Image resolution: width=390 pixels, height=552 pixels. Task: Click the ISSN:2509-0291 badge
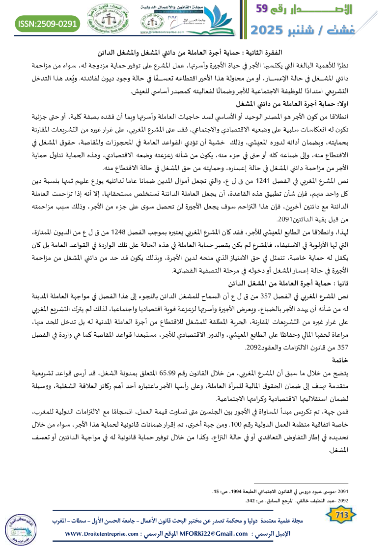(48, 23)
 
